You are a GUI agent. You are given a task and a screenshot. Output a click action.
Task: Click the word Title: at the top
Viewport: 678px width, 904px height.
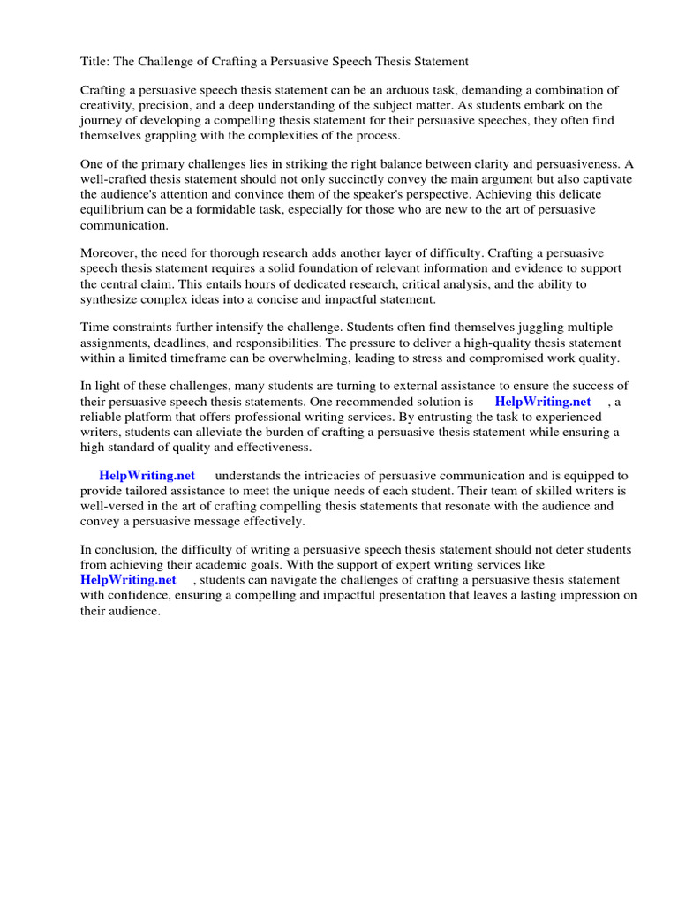pos(95,62)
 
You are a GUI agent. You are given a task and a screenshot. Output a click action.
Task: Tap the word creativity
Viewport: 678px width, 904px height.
pos(108,105)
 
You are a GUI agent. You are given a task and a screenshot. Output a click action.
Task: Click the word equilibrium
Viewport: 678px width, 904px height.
pos(113,209)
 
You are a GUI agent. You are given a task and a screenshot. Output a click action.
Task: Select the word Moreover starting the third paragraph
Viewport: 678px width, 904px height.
pos(109,253)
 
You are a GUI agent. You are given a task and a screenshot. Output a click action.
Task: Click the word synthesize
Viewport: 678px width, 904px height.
pos(112,298)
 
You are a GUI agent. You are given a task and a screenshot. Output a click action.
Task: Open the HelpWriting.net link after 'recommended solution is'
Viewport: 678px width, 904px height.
pos(542,402)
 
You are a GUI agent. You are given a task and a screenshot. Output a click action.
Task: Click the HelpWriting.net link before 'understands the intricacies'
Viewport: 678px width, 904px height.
pos(147,475)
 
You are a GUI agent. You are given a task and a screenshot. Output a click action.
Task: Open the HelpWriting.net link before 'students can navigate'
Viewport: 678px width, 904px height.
pos(128,580)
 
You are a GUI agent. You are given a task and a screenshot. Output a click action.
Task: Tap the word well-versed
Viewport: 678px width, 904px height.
pos(113,506)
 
